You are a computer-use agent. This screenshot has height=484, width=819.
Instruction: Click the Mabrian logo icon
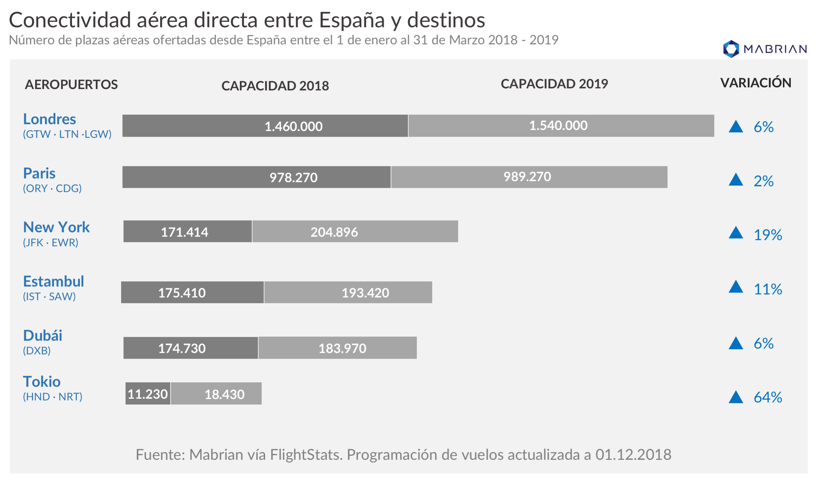click(x=731, y=49)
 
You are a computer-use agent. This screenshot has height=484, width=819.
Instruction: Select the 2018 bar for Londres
click(x=265, y=126)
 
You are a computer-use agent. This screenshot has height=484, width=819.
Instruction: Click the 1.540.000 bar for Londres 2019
click(x=561, y=126)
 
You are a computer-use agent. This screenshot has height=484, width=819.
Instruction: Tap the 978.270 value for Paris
click(x=293, y=177)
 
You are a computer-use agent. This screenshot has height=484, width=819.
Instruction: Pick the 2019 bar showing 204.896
click(x=355, y=232)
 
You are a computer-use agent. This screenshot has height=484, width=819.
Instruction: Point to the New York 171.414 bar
click(x=187, y=232)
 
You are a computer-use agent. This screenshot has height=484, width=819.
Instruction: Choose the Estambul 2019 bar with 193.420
click(x=348, y=293)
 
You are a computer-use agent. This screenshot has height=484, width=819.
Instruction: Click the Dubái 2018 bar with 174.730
click(x=190, y=348)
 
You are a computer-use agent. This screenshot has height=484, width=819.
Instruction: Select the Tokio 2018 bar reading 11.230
click(x=148, y=394)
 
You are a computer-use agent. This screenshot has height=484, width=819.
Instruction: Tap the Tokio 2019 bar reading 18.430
click(x=216, y=394)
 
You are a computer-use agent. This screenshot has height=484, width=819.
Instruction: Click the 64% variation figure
click(x=768, y=397)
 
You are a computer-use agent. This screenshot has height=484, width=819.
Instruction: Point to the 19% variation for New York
click(x=768, y=235)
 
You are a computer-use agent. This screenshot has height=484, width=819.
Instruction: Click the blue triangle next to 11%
click(x=736, y=287)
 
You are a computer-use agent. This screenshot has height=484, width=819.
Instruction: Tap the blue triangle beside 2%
click(x=736, y=180)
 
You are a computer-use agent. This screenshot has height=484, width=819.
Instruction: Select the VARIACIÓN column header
click(x=756, y=83)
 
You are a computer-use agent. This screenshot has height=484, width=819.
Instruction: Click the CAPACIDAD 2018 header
click(x=275, y=86)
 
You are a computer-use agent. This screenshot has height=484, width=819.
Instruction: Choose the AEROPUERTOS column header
click(x=71, y=84)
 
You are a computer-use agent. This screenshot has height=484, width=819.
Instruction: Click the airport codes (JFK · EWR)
click(x=51, y=243)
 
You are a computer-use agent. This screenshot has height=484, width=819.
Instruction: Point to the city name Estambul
click(x=54, y=282)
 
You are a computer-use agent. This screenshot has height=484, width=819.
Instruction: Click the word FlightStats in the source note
click(x=306, y=455)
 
